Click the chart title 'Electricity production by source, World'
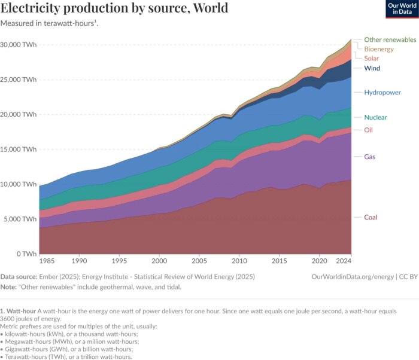tap(114, 8)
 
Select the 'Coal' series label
tap(371, 217)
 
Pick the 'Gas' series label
tap(369, 157)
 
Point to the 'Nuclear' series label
tap(375, 117)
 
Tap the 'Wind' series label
tap(372, 68)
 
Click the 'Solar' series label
tap(372, 58)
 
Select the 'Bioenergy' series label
tap(378, 48)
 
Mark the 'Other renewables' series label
tap(390, 39)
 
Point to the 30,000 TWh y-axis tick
tap(19, 45)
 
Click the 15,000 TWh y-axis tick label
tap(19, 149)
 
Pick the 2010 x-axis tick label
tap(239, 262)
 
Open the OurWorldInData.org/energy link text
tap(353, 277)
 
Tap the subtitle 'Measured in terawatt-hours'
tap(48, 23)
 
